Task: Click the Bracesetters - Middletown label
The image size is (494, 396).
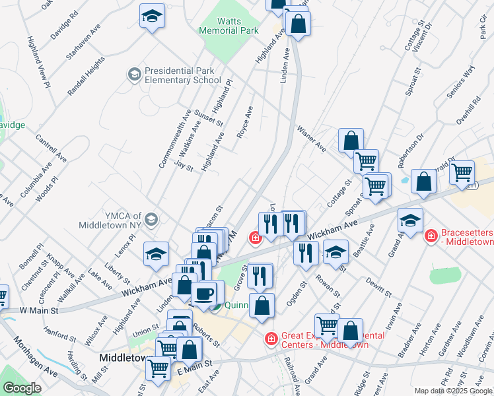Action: pos(466,237)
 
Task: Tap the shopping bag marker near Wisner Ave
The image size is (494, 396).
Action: pos(351,141)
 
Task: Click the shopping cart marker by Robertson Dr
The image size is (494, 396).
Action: pos(461,173)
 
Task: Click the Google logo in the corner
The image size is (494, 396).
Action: pos(22,388)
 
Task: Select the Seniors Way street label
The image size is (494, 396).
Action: pos(460,82)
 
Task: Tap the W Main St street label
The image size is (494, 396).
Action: pos(39,310)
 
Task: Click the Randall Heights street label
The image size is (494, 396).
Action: pos(86,77)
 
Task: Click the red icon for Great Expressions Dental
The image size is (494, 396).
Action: pos(270,339)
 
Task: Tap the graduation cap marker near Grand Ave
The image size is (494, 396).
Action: pos(411,220)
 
